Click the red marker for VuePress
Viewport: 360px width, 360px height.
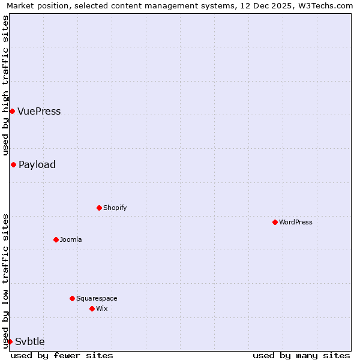tap(12, 111)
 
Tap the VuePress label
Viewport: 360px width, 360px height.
tap(39, 112)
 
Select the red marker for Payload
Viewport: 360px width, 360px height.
tap(13, 164)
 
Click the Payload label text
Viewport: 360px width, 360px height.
tap(37, 165)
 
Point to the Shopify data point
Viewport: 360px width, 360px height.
tap(99, 208)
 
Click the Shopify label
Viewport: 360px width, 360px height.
tap(115, 208)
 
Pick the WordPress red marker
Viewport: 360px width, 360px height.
tap(275, 222)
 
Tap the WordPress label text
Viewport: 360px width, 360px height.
tap(295, 223)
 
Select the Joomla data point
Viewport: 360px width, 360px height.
tap(56, 239)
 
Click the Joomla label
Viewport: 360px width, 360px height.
tap(71, 240)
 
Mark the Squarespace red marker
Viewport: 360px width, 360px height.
tap(72, 298)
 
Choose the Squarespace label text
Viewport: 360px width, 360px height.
tap(97, 299)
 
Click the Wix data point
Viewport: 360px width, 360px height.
tap(92, 308)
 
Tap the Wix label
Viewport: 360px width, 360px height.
tap(102, 309)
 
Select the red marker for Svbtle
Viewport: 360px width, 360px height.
tap(10, 341)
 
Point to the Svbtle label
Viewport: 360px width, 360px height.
tap(30, 342)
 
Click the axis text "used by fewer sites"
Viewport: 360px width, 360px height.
tap(62, 355)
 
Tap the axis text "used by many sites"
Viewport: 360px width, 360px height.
tap(301, 355)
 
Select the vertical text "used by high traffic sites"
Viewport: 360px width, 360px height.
tap(5, 85)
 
